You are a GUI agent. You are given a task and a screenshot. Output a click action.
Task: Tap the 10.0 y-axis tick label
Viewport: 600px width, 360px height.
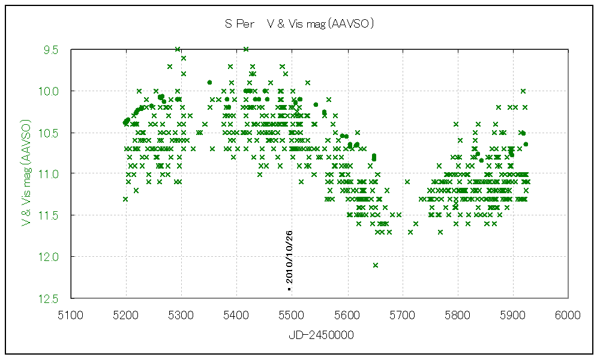(48, 91)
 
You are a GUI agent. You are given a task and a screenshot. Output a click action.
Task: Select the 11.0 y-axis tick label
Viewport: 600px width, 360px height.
(48, 173)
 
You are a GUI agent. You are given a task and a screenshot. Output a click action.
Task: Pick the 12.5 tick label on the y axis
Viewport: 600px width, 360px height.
(48, 298)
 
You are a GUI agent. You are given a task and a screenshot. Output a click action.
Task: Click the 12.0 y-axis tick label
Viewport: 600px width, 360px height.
(48, 257)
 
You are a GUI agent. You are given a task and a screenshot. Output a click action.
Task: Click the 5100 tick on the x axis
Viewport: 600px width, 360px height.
(71, 314)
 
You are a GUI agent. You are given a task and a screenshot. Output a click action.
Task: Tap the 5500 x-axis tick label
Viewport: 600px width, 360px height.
(292, 314)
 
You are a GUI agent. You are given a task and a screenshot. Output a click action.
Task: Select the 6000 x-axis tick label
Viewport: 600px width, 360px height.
(568, 314)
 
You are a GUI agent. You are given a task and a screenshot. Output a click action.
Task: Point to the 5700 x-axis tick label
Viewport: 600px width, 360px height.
(403, 314)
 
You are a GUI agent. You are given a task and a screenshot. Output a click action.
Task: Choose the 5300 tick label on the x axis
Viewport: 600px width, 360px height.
(181, 314)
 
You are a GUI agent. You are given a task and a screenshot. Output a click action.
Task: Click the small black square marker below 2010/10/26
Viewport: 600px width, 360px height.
(289, 289)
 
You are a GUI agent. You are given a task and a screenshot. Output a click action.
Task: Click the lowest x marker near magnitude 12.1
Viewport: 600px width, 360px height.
(376, 265)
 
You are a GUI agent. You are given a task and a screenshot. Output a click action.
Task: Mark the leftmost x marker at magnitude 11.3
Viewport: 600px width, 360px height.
(125, 199)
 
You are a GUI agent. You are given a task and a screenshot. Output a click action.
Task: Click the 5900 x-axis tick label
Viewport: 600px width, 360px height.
(513, 314)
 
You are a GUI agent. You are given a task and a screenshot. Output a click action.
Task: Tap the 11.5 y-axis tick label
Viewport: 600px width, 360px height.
(48, 215)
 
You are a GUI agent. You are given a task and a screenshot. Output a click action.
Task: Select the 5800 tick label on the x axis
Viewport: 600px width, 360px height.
(458, 314)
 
